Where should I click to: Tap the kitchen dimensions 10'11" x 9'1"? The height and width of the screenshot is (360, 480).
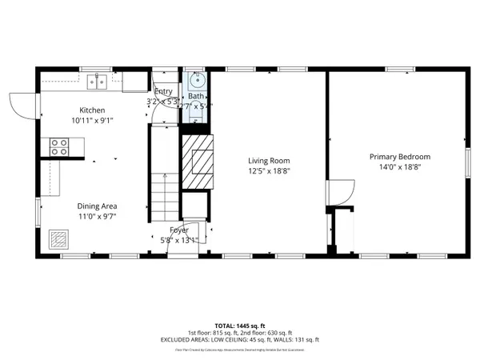point(93,121)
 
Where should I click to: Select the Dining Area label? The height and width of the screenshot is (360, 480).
point(97,205)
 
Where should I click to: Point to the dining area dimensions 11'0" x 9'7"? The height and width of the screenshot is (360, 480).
point(97,216)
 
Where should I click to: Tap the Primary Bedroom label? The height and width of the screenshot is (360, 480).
point(399,157)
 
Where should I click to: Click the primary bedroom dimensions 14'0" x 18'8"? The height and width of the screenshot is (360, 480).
point(399,167)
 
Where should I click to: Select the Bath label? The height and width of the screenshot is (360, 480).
point(196,95)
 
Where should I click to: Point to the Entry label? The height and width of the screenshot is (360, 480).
point(163,92)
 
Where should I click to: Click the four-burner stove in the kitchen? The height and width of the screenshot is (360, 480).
point(59,146)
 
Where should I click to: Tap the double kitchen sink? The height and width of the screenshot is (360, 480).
point(100,80)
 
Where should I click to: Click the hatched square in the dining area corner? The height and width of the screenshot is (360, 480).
point(58,239)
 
